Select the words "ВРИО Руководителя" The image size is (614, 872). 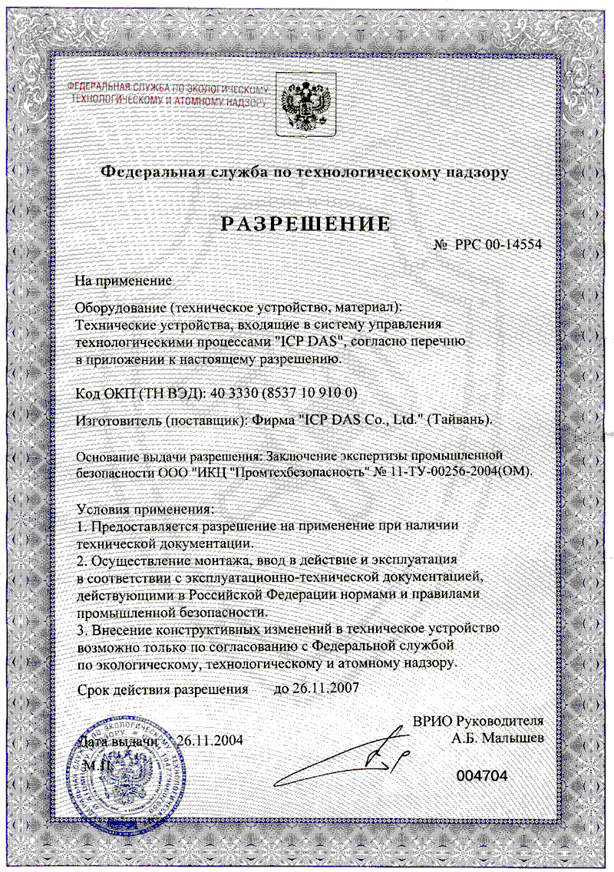pyautogui.click(x=478, y=721)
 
